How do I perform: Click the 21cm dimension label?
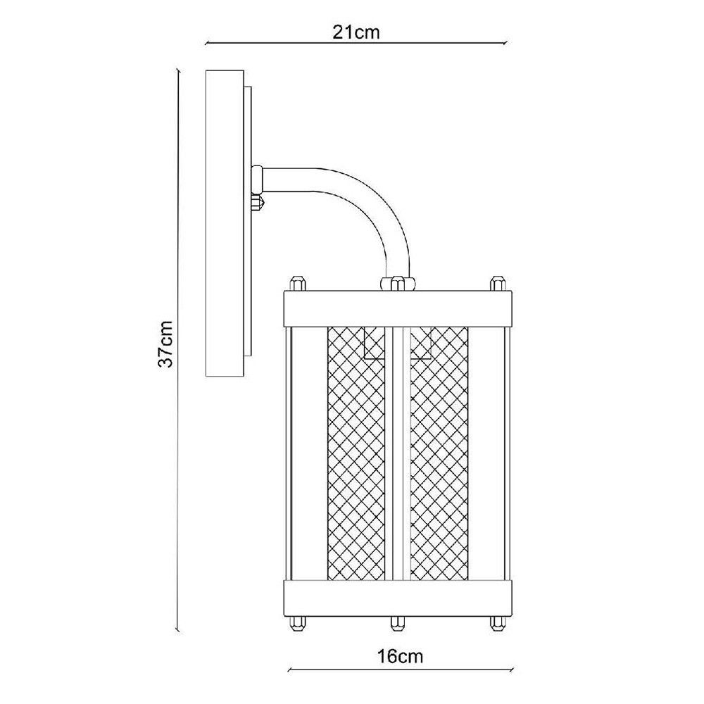[356, 32]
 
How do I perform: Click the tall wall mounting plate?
[224, 224]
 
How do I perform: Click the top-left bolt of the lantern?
[296, 284]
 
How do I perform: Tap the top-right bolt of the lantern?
[498, 284]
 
